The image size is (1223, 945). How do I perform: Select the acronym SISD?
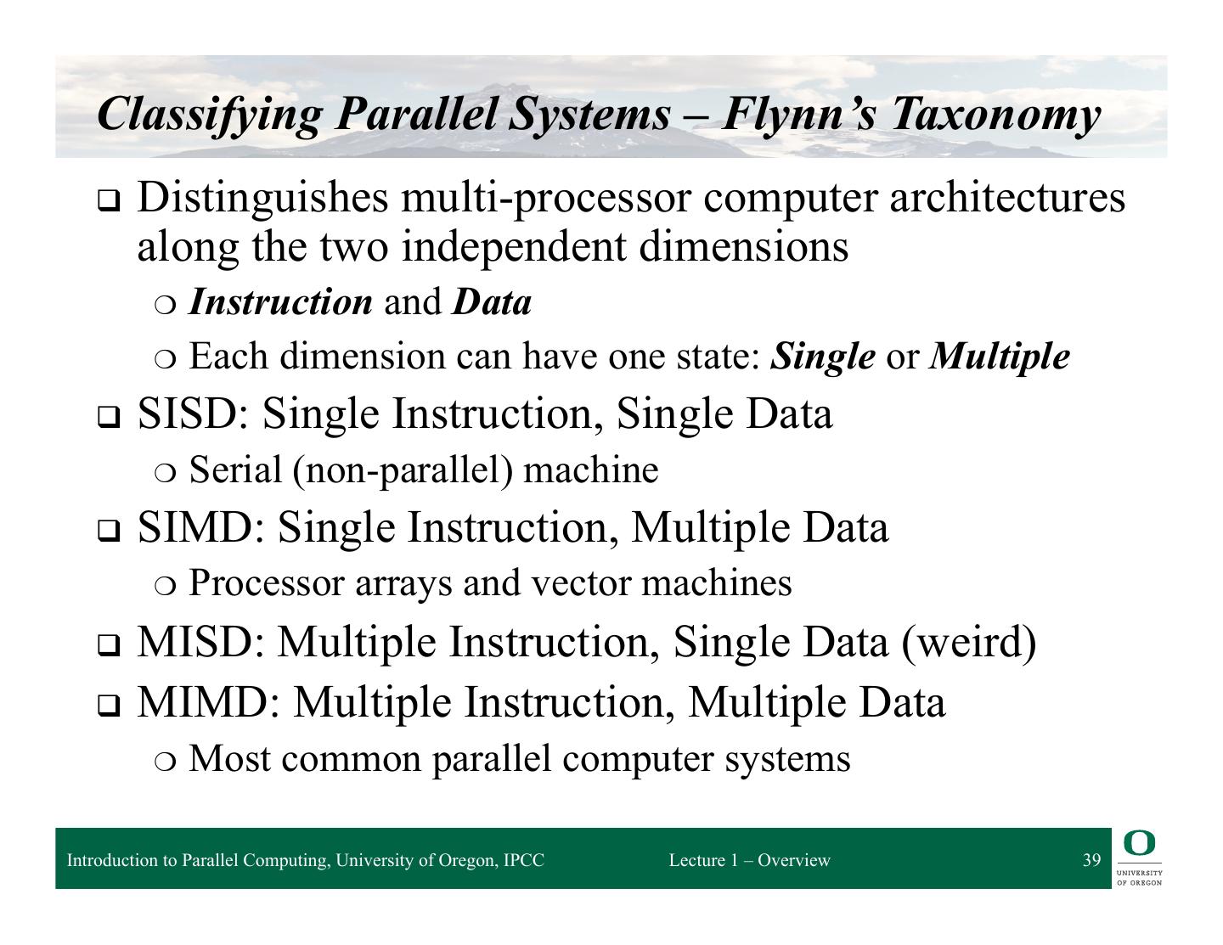(192, 414)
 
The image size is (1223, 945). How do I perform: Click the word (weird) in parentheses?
(968, 641)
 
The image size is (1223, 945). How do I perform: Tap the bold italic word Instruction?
(280, 302)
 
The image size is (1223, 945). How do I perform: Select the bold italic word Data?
(492, 302)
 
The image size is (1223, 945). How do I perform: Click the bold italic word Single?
(822, 357)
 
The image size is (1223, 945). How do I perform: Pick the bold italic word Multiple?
(1000, 357)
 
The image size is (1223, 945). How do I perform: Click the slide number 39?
(1091, 860)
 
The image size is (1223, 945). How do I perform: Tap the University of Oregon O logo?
(1139, 843)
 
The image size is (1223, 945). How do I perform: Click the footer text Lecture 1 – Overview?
(749, 860)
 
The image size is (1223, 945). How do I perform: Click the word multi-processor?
(548, 199)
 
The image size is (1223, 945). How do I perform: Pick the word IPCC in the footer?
(523, 860)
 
